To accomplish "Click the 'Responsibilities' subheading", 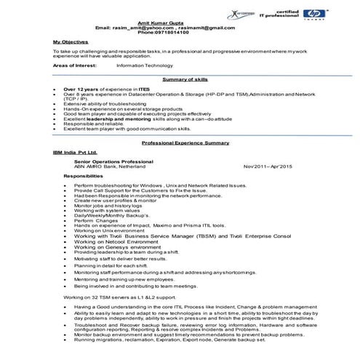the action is coord(83,177).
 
